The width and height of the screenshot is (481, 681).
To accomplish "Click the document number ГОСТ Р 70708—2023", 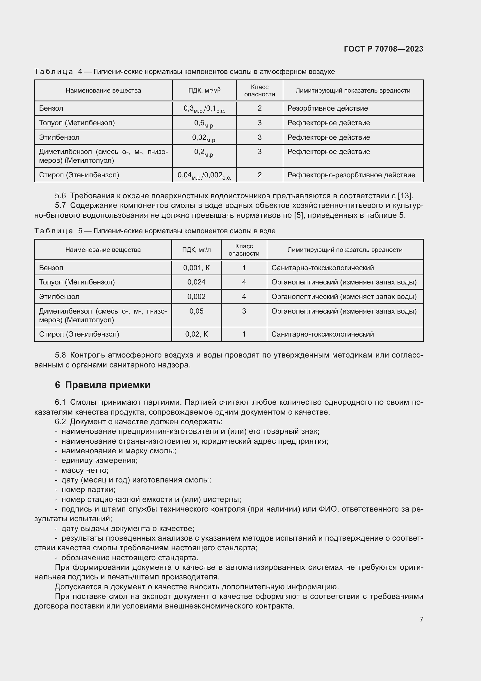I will [x=383, y=49].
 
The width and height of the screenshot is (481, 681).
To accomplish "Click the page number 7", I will [x=421, y=619].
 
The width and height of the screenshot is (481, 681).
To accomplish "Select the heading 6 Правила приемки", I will [x=102, y=385].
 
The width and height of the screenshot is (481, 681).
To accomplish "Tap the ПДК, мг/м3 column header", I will [x=204, y=90].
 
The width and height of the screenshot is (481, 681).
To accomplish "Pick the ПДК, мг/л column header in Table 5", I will [x=196, y=250].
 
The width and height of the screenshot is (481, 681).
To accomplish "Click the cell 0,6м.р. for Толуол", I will [x=204, y=123].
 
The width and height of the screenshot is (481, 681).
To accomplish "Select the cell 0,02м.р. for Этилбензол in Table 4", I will [x=204, y=138].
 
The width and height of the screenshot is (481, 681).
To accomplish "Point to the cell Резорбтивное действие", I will [x=327, y=108].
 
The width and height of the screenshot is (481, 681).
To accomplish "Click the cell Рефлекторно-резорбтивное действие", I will [x=351, y=175].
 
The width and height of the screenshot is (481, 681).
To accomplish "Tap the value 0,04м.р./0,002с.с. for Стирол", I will [x=204, y=175].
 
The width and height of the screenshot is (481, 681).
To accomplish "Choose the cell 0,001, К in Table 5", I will [x=196, y=268].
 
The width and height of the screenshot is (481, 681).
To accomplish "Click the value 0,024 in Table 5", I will [x=196, y=282].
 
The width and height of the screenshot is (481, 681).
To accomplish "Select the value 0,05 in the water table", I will [x=196, y=311].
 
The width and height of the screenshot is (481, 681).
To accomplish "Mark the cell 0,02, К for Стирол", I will [x=196, y=334].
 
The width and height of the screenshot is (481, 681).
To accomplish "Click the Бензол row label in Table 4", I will [x=51, y=108].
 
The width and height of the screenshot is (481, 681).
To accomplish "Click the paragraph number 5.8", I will [x=60, y=355].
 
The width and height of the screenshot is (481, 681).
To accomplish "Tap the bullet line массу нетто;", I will [x=85, y=470].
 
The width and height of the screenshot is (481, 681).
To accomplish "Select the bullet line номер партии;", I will [x=88, y=490].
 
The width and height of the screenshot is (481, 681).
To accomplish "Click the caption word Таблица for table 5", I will [x=54, y=231].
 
